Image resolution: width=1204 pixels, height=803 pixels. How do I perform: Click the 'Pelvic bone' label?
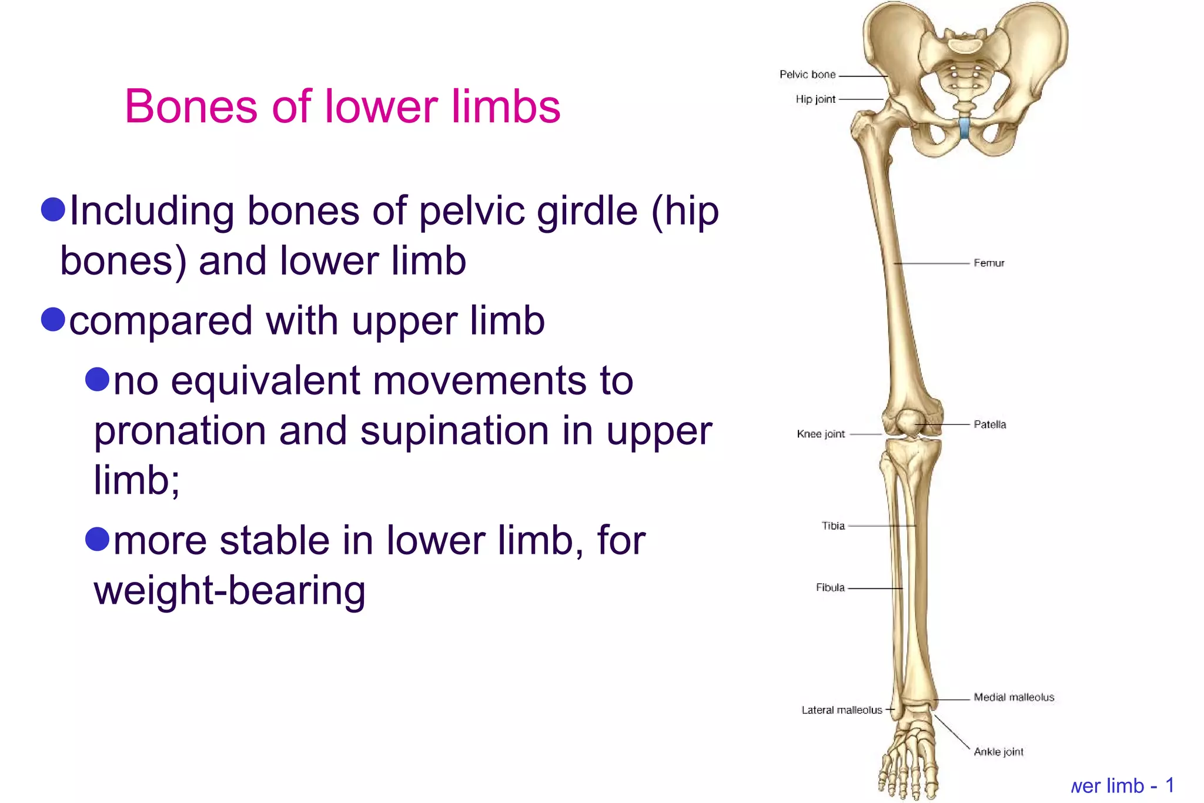(807, 75)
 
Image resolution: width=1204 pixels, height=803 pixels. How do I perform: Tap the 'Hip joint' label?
(815, 99)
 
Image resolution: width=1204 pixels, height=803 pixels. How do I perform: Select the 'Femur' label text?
(989, 263)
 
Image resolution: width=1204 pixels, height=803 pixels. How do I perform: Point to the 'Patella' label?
(989, 424)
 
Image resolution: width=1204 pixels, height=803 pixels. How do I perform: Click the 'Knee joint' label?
(821, 434)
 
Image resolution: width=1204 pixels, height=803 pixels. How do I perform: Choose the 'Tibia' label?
(833, 526)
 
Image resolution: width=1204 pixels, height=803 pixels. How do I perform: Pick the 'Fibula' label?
(830, 587)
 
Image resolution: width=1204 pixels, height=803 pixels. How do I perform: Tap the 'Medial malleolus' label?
(1014, 697)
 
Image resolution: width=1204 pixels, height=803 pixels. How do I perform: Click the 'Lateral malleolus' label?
(841, 710)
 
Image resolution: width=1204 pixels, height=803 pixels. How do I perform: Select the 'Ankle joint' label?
(998, 751)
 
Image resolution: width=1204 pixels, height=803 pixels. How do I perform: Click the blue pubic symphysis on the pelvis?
(964, 128)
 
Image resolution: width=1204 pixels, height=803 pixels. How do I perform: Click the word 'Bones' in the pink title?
(191, 106)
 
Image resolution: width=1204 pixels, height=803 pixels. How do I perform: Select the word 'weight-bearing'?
(229, 590)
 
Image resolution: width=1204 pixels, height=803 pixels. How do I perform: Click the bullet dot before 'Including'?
(53, 210)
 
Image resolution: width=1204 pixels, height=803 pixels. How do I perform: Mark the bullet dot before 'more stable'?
(98, 539)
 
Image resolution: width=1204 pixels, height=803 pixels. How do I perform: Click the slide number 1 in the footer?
(1169, 785)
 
